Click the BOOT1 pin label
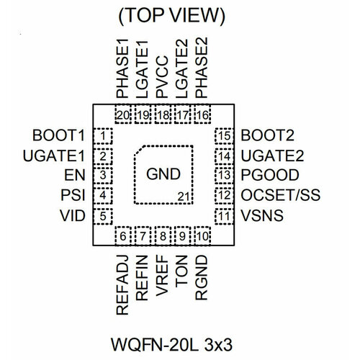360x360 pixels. (58, 135)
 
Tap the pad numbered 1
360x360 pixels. (103, 136)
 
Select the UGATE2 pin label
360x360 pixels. (272, 156)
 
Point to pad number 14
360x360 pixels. (225, 156)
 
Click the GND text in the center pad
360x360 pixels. (163, 174)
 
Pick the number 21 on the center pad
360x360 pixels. (184, 197)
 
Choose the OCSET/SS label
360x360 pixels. (281, 195)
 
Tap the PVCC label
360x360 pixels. (162, 77)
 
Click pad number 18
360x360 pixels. (163, 114)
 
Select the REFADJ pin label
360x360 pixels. (122, 285)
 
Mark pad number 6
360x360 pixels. (123, 236)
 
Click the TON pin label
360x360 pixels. (181, 271)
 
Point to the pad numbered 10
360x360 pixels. (202, 236)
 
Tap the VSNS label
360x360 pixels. (262, 215)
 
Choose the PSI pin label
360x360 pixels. (73, 195)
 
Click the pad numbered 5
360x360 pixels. (103, 216)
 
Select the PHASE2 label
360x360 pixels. (202, 68)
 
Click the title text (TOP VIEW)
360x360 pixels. (172, 16)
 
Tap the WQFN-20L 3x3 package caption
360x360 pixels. (171, 344)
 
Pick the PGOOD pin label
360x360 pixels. (270, 175)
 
